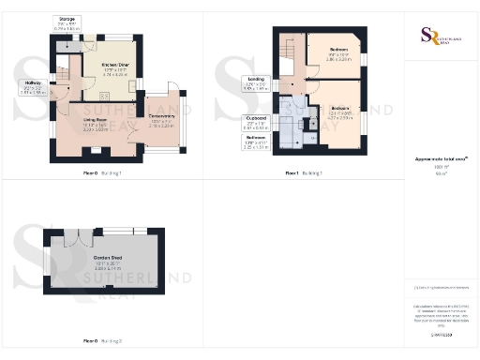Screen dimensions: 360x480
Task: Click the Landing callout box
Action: pyautogui.click(x=255, y=83)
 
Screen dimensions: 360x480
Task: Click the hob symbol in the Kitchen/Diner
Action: pyautogui.click(x=103, y=96)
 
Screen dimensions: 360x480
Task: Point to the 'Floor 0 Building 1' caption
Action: pyautogui.click(x=102, y=173)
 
